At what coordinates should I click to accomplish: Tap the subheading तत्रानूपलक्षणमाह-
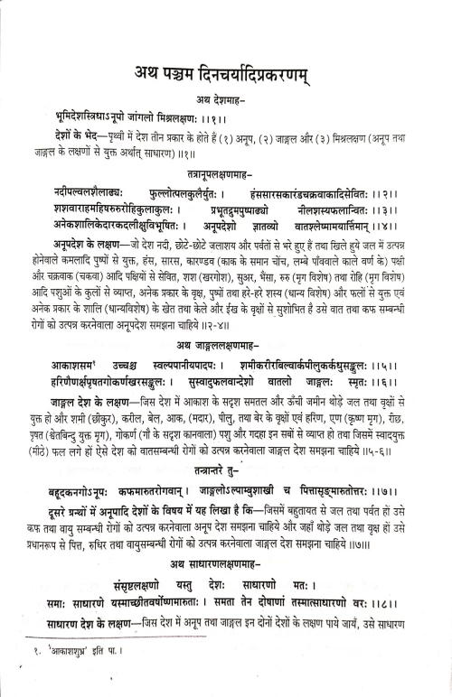pyautogui.click(x=225, y=194)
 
